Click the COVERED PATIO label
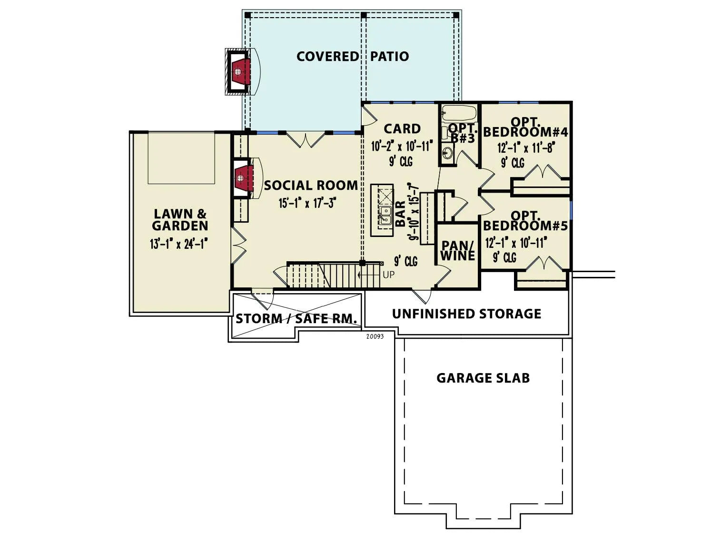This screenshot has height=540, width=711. pos(353,56)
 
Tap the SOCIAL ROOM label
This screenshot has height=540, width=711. pos(311,186)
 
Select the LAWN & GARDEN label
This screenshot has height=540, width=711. pos(180,220)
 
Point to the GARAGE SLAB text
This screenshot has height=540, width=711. pos(483,378)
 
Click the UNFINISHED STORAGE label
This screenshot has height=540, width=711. pos(466,314)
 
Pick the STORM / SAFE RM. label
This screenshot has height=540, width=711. pos(296,319)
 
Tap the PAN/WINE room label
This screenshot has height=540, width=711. pos(458,251)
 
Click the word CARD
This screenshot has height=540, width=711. pos(402,129)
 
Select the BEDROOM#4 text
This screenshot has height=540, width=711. pos(525,132)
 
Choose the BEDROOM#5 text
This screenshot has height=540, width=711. pos(525,226)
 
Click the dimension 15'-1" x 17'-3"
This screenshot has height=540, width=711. pos(306,203)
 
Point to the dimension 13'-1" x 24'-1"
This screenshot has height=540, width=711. pos(178,244)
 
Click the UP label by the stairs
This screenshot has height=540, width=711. pos(389,275)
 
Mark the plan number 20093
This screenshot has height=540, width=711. pos(375,337)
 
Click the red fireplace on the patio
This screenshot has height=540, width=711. pos(240,71)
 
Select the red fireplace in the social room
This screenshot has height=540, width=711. pos(244,178)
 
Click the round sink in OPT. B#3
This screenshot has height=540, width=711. pos(448,153)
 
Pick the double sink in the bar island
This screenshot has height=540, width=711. pos(385,216)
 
